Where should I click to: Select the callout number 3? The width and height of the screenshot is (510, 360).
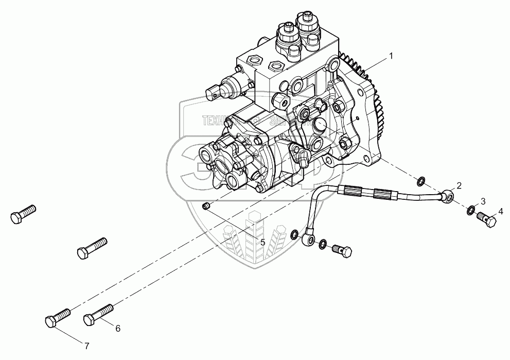point(483,200)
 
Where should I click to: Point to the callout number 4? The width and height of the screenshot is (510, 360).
point(500,211)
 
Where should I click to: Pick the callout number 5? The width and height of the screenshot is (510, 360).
point(262,242)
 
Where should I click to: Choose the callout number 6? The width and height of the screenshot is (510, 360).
point(117,328)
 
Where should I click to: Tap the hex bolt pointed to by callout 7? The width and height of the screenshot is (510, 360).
point(57,317)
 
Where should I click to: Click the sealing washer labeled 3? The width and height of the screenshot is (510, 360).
point(471,210)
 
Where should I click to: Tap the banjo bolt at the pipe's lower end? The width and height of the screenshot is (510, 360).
point(342,252)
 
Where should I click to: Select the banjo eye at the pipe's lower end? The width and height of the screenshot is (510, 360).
point(309,238)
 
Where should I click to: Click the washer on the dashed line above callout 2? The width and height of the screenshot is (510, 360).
point(420,181)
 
